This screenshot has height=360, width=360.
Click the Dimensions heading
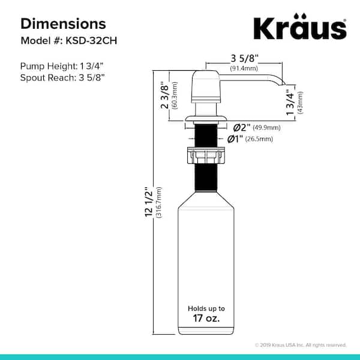64,23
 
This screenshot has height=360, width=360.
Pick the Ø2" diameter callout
240,127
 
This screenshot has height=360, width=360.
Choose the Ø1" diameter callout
236,139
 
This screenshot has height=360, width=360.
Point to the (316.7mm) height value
159,204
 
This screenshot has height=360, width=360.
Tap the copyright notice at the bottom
301,345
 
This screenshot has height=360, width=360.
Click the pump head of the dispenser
208,90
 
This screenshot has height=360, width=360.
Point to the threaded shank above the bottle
208,180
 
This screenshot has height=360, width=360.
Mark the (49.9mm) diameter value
266,127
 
